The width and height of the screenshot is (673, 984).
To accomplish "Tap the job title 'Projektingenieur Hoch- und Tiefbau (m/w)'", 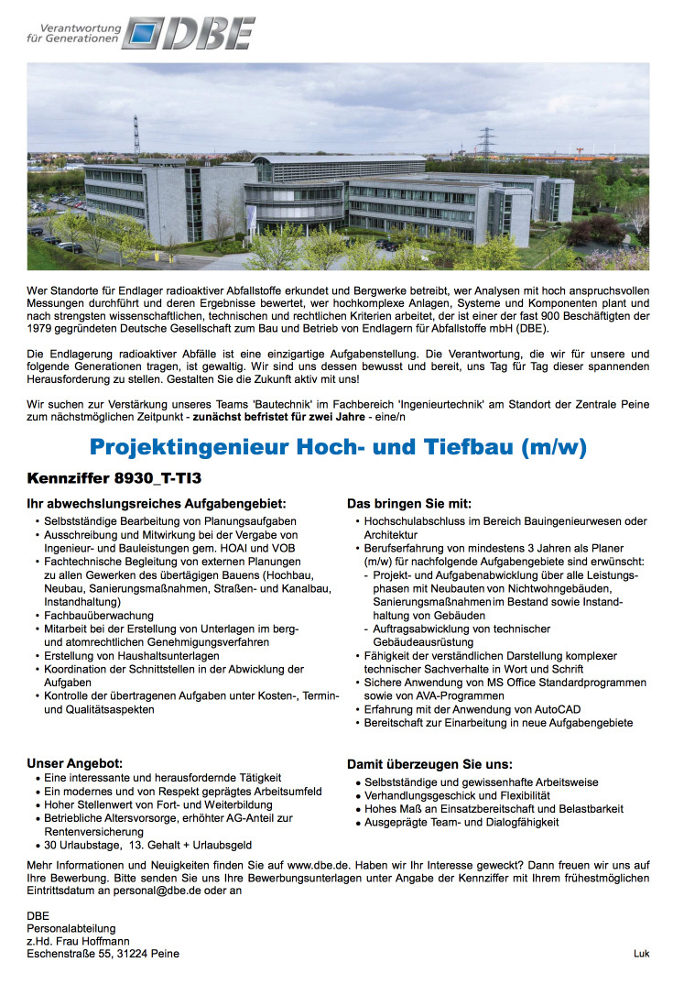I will tap(338, 448).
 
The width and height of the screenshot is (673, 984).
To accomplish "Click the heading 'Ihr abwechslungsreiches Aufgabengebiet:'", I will tap(156, 503).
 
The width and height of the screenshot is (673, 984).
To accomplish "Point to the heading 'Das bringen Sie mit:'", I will tap(408, 503).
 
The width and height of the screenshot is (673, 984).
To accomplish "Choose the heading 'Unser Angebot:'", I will tap(74, 762).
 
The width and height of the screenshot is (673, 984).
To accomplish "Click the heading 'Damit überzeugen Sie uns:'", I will tap(429, 764).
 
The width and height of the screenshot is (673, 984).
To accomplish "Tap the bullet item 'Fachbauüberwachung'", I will tap(99, 616).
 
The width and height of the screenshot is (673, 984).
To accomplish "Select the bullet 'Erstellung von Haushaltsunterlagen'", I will tap(132, 656).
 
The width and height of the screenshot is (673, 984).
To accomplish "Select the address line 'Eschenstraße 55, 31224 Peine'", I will tap(103, 954).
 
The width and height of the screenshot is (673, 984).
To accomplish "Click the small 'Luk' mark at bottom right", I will tap(641, 954).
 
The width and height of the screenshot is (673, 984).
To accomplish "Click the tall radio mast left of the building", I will tap(136, 137).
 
